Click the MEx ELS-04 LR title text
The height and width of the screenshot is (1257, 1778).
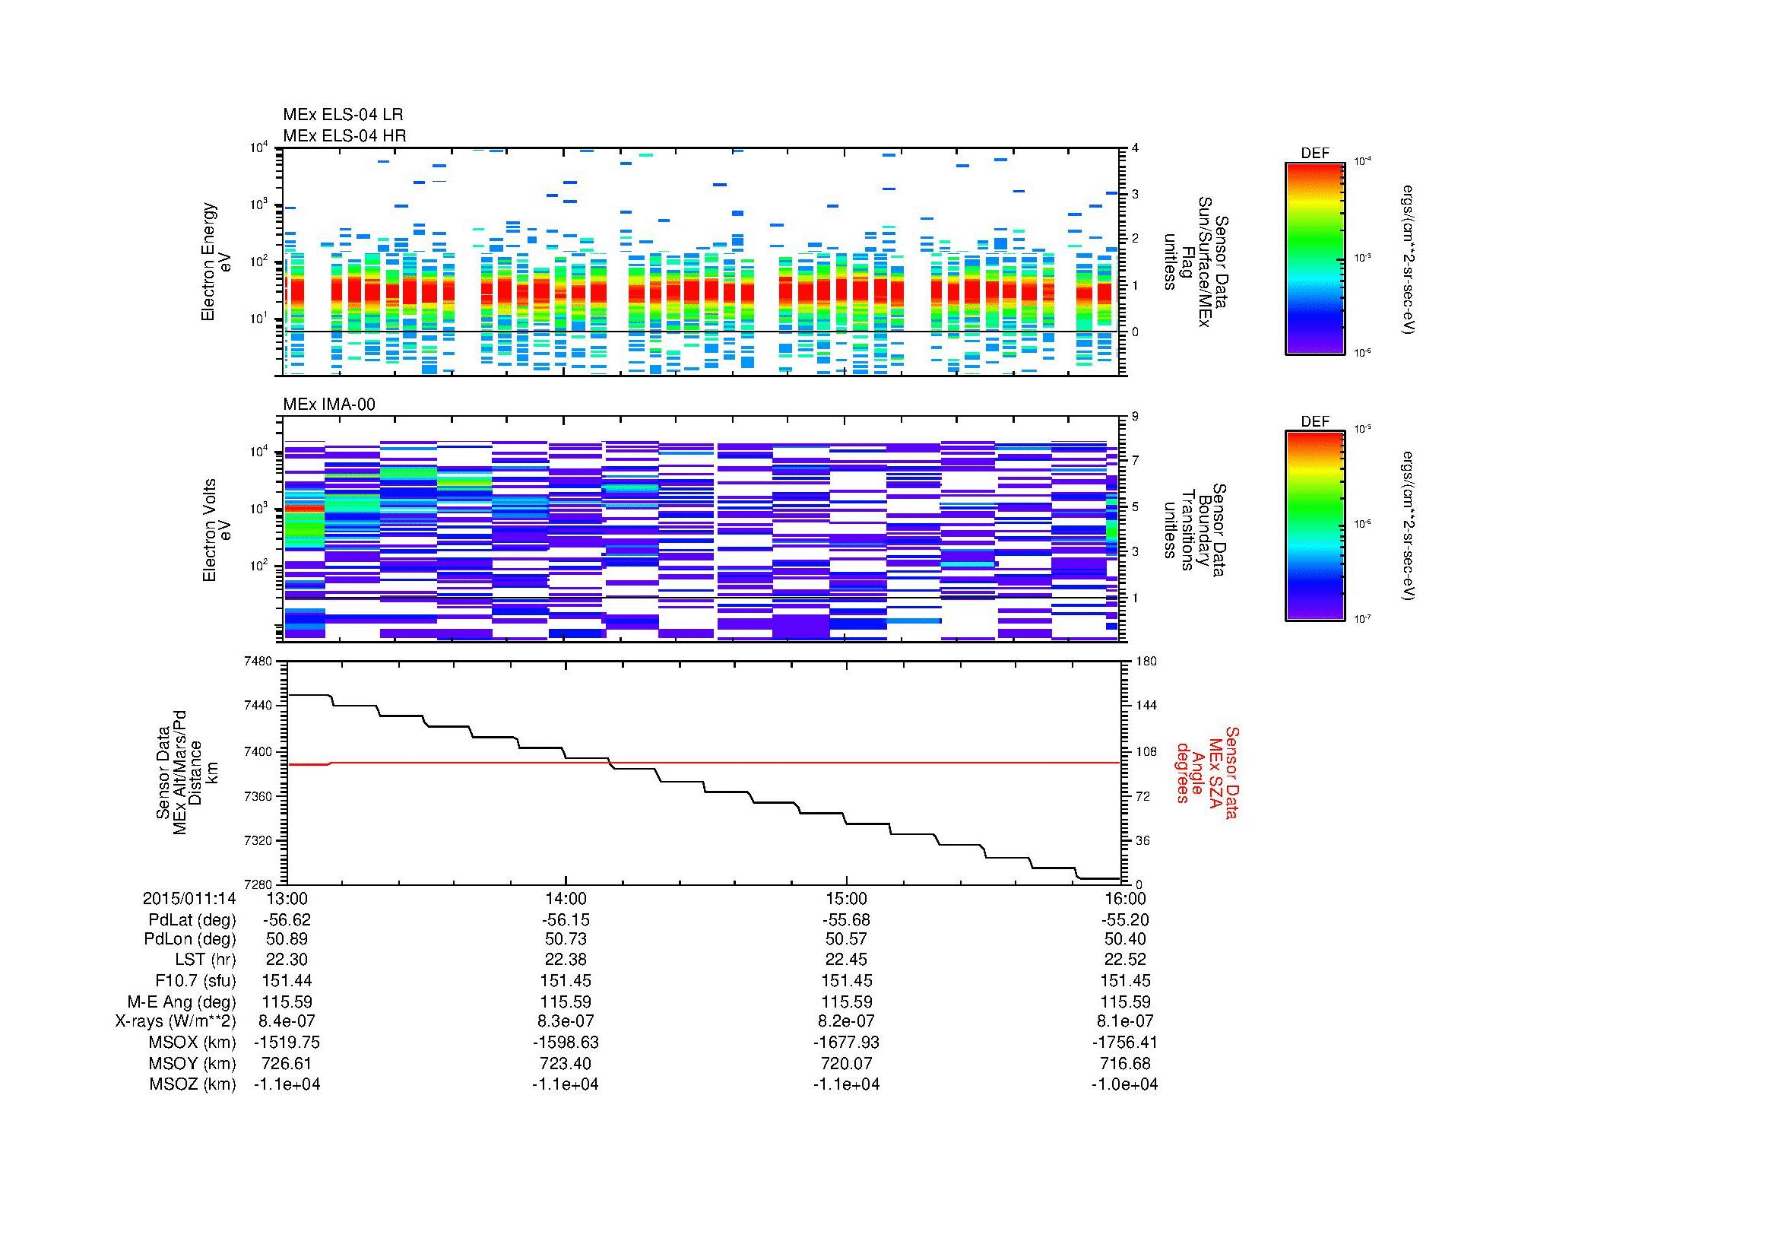click(342, 115)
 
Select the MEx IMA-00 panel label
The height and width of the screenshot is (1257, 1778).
click(329, 405)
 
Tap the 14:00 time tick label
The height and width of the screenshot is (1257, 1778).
click(566, 898)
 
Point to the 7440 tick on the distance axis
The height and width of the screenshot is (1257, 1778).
click(257, 706)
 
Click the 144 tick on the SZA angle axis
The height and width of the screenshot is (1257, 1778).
click(1146, 706)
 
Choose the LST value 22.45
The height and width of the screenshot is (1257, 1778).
click(845, 960)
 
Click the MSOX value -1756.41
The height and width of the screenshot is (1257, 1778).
click(1124, 1043)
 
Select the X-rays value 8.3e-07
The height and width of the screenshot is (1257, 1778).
click(566, 1021)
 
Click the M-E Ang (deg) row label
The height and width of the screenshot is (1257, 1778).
click(182, 1001)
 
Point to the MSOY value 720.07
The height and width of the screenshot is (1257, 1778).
click(845, 1063)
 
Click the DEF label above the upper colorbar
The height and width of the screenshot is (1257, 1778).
click(1314, 154)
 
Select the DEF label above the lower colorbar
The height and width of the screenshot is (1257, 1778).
click(1314, 422)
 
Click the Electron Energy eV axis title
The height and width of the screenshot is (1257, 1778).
click(217, 262)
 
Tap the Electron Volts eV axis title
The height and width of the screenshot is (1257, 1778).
click(217, 530)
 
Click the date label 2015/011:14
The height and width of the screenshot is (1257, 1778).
click(189, 898)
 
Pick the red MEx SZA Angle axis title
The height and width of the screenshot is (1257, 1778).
click(1207, 772)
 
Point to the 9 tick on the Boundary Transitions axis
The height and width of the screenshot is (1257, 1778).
click(1135, 417)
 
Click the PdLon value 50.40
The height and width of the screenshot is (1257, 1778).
click(1124, 939)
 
